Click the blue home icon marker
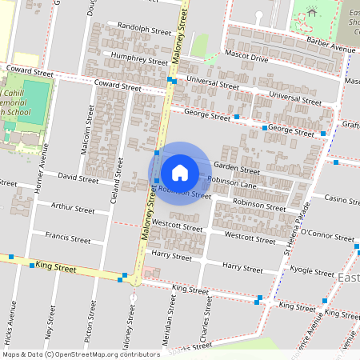point(180,172)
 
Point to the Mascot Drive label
point(247,58)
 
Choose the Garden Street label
point(236,170)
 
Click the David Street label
point(78,178)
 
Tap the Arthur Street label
point(72,208)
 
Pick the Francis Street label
point(68,238)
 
